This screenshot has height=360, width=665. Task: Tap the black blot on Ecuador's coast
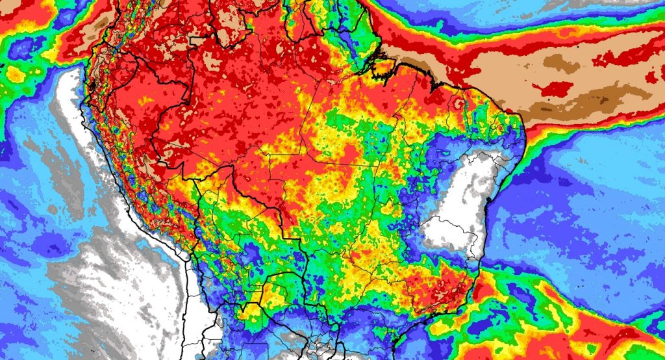click(92, 85)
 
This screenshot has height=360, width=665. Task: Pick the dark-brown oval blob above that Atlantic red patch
click(558, 62)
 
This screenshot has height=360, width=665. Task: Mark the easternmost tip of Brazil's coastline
click(524, 123)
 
